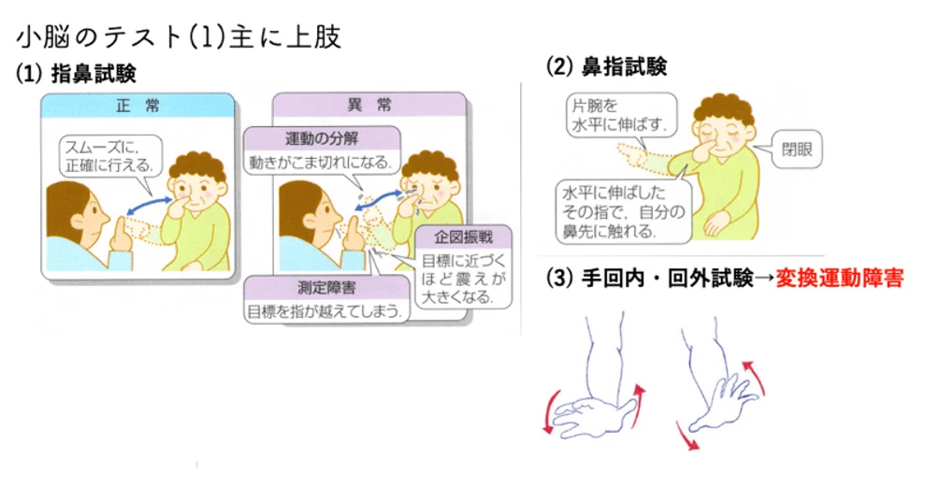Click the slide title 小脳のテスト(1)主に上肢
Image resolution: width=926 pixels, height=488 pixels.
click(179, 37)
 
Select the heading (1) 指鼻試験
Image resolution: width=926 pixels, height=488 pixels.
click(76, 74)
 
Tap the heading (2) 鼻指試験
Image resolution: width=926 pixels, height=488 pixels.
click(606, 66)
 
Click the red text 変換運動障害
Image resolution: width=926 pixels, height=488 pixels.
click(839, 278)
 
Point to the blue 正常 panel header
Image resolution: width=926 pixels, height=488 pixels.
click(137, 106)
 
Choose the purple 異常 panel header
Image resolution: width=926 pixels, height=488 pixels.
click(369, 105)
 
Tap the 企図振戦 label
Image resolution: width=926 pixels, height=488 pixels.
click(464, 237)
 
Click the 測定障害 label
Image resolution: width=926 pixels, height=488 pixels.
click(326, 288)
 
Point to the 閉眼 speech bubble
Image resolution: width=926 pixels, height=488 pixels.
click(797, 150)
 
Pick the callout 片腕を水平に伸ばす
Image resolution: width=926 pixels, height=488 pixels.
click(619, 115)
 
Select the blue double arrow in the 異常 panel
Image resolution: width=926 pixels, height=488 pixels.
click(379, 199)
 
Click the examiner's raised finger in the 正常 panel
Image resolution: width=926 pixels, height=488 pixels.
click(121, 231)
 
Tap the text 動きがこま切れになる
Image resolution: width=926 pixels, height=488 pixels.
click(321, 162)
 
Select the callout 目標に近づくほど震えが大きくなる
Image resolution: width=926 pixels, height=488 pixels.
click(464, 279)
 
